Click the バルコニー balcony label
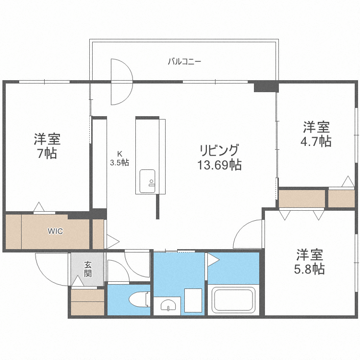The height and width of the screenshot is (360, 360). pyautogui.click(x=184, y=61)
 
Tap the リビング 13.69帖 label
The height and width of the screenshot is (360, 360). pyautogui.click(x=218, y=157)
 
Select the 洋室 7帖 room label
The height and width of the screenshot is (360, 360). pyautogui.click(x=47, y=146)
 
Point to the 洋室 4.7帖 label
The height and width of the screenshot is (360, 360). pyautogui.click(x=316, y=135)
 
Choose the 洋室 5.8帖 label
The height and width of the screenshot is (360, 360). pyautogui.click(x=309, y=261)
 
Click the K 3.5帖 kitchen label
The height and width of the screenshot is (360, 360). pyautogui.click(x=119, y=158)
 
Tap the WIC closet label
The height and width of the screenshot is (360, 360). pyautogui.click(x=55, y=231)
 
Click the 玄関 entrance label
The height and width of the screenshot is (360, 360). pyautogui.click(x=89, y=269)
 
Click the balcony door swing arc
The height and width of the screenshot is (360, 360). pyautogui.click(x=121, y=82)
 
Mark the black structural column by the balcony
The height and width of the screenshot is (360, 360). pyautogui.click(x=266, y=86)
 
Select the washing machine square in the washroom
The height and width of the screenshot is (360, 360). pyautogui.click(x=193, y=300)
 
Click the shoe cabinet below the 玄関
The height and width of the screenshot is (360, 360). pyautogui.click(x=87, y=302)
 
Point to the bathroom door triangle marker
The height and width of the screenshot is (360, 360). pyautogui.click(x=213, y=260)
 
